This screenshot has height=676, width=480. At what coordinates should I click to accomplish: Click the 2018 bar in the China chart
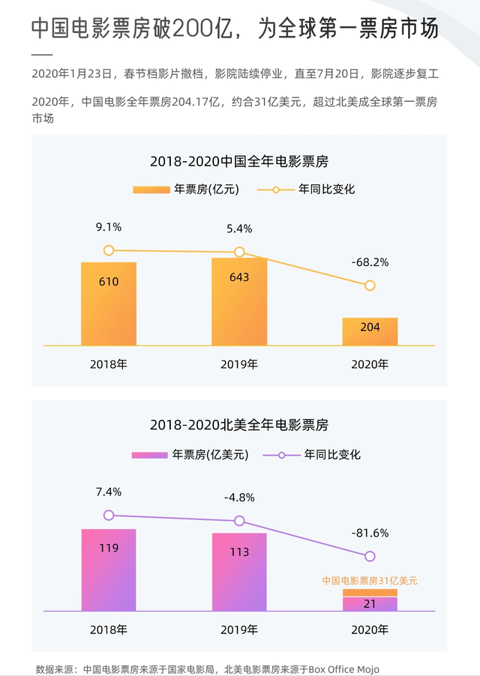109,304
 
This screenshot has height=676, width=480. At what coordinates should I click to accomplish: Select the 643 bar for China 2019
239,301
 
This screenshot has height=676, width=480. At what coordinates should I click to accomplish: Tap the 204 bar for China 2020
370,331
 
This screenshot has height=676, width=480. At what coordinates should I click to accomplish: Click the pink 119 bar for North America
109,570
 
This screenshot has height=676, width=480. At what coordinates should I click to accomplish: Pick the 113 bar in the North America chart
239,572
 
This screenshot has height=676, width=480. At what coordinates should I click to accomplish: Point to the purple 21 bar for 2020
370,604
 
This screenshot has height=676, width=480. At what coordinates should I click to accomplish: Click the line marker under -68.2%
370,286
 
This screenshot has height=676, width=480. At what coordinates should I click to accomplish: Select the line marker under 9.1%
109,250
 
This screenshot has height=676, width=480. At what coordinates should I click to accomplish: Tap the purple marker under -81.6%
370,556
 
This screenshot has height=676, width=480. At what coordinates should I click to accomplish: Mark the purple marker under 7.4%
109,515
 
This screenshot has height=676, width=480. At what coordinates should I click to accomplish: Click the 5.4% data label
239,229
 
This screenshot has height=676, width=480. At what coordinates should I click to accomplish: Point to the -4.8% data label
239,497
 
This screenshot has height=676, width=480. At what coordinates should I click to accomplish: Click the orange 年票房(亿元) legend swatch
151,190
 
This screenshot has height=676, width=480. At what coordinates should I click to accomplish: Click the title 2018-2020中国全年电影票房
239,162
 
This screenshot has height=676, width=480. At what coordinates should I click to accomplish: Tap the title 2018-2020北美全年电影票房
239,425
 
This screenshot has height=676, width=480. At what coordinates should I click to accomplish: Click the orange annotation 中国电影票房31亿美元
370,580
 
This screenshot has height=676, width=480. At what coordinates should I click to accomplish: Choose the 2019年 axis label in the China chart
239,365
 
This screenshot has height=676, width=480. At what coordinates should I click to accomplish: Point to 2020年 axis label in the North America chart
370,630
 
